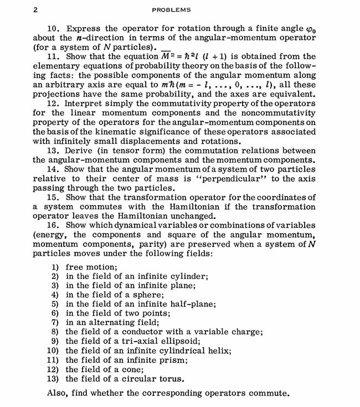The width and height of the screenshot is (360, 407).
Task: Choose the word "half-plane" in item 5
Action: point(192,304)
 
